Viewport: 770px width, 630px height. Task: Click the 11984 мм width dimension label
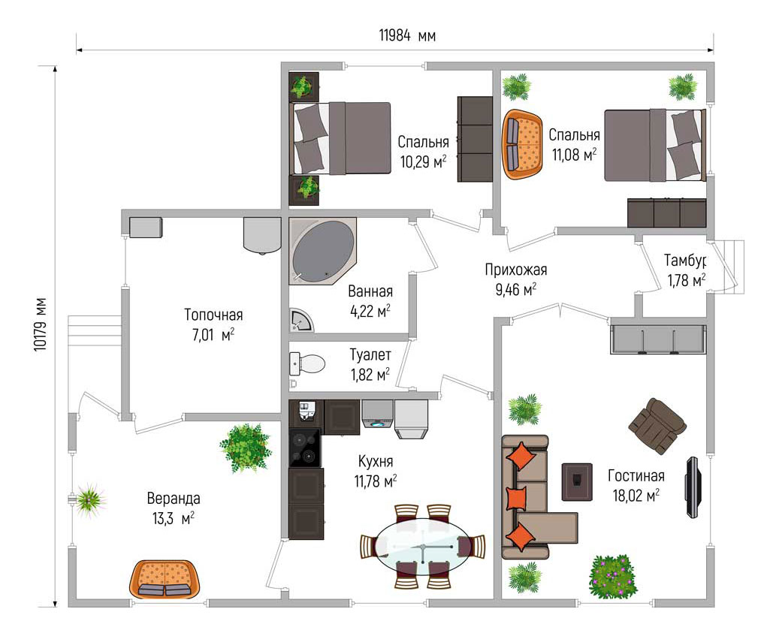point(407,36)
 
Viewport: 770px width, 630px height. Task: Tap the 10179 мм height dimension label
point(41,324)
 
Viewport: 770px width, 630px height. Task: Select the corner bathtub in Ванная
point(322,251)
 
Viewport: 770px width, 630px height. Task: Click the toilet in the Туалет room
point(307,364)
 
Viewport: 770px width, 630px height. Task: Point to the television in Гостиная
point(693,487)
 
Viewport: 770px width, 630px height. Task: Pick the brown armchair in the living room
point(657,425)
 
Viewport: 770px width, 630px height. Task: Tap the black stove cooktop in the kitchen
point(304,448)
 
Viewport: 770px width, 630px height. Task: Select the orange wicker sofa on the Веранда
point(164,580)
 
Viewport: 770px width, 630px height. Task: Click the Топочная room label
point(213,315)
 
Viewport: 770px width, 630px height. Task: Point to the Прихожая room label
point(515,270)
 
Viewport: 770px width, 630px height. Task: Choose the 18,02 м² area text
point(636,496)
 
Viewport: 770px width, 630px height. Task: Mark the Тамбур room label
point(685,259)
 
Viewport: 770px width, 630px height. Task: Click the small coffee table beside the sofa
point(577,482)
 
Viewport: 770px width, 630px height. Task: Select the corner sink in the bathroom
point(300,321)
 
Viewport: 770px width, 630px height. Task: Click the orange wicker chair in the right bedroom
point(522,144)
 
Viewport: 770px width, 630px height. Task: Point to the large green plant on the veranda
point(245,448)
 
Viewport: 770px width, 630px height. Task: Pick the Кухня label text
point(376,462)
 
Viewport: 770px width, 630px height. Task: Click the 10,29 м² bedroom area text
point(423,161)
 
